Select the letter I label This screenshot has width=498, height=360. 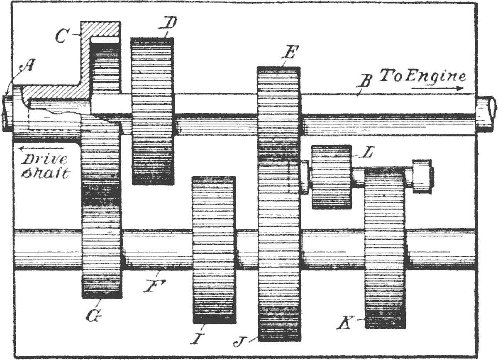(198, 338)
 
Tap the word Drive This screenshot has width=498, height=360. (44, 159)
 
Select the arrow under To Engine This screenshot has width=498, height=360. (437, 88)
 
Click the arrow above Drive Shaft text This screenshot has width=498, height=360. (41, 148)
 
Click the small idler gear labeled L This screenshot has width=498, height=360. (332, 177)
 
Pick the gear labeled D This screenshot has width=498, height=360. (153, 111)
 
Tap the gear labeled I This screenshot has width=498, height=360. (214, 250)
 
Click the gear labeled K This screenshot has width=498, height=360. (386, 248)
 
